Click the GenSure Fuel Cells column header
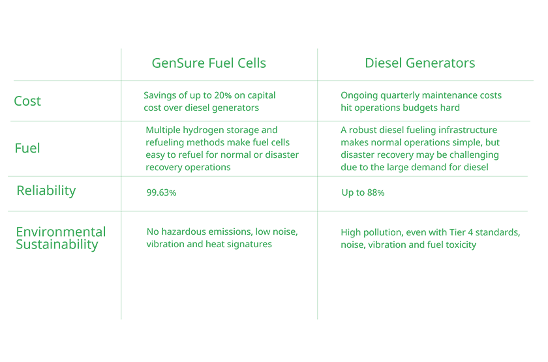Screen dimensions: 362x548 209,63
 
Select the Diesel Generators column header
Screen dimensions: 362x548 419,63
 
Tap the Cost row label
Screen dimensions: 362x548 27,101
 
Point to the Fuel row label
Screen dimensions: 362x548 27,149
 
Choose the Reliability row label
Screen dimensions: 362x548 46,190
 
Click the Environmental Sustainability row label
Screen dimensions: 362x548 60,238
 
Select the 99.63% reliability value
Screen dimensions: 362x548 161,193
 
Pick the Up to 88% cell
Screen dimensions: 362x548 363,193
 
